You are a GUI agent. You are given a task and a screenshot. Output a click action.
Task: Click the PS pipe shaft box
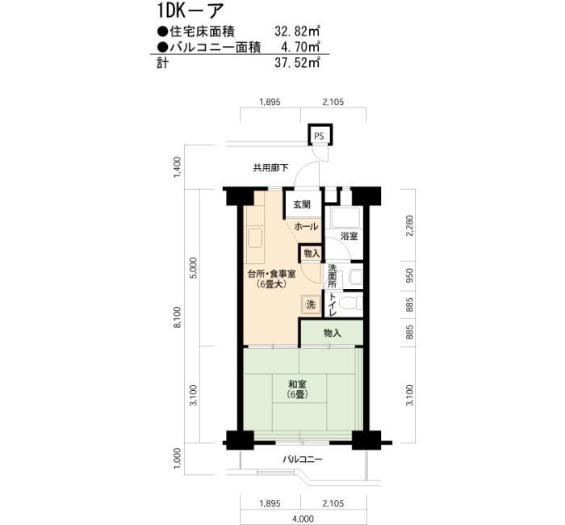point(320,135)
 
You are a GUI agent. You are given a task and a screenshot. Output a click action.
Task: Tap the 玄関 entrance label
point(301,204)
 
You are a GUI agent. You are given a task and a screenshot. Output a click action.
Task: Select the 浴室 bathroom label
point(349,236)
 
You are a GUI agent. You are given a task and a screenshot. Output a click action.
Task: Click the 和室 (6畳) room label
point(297,389)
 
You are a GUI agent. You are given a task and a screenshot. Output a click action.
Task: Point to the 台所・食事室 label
point(272,274)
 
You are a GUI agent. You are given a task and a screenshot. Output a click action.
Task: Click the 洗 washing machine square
point(310,304)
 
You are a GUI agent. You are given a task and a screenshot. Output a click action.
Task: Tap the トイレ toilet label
point(333,304)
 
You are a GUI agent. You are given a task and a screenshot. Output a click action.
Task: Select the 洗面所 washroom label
point(332,276)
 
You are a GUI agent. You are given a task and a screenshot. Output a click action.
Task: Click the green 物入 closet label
point(332,333)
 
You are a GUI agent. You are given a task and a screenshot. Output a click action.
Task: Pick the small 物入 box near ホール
point(312,253)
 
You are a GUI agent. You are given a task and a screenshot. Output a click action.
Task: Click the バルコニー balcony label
point(303,460)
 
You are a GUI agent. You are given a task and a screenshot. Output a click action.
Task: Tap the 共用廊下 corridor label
point(270,168)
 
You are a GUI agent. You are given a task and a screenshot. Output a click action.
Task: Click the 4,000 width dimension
point(303,519)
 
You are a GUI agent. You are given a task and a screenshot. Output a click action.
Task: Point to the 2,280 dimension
point(410,226)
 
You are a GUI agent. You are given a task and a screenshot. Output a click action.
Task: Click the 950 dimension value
point(410,275)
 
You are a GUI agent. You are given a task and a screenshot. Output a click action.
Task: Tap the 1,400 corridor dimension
point(178,167)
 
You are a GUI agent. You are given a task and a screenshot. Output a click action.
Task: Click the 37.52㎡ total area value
point(297,63)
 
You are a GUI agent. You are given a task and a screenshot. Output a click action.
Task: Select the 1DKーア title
point(190,10)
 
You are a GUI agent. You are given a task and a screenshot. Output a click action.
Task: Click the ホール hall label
point(306,226)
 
